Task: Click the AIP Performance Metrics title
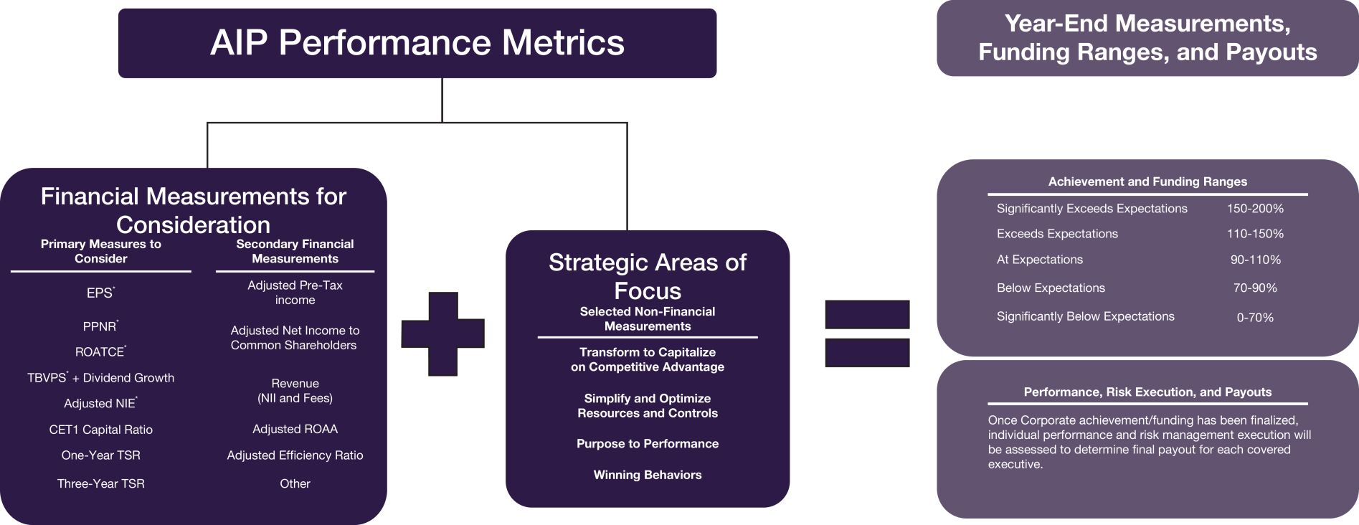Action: pos(417,42)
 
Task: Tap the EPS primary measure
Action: pos(100,293)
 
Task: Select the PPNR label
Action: pos(100,327)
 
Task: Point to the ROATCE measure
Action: pos(100,352)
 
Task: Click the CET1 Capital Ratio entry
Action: pos(100,430)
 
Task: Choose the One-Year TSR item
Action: pos(100,455)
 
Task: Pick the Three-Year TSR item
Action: pos(100,484)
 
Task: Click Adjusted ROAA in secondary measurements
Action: pos(295,429)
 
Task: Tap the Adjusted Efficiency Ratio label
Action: pos(295,455)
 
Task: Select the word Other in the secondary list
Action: pos(295,484)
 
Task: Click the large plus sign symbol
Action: pos(442,334)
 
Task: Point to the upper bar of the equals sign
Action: pos(867,314)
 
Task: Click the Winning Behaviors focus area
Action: pos(647,475)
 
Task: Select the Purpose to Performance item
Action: pos(647,444)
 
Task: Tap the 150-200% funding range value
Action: pos(1255,209)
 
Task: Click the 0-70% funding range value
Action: pos(1255,317)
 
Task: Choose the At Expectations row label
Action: pos(1039,260)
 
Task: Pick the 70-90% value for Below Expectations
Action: pos(1255,288)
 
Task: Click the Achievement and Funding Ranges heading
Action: pos(1147,182)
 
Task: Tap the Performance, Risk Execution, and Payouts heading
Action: pos(1147,392)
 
